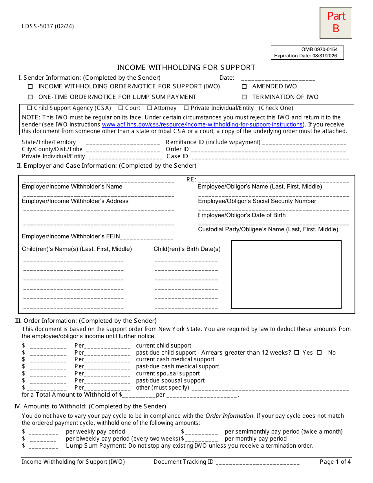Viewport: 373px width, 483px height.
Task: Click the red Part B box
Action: click(x=336, y=23)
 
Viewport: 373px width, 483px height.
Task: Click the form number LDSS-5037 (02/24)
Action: click(x=48, y=26)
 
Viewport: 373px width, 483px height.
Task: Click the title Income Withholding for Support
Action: click(x=186, y=68)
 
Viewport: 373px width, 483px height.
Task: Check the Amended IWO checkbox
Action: click(x=244, y=86)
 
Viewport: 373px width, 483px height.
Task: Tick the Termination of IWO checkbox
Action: click(x=244, y=97)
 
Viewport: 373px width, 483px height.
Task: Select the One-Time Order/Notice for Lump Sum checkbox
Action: click(x=30, y=97)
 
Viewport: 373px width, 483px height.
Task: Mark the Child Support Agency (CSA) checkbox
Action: click(x=29, y=108)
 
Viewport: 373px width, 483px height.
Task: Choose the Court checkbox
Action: click(x=121, y=108)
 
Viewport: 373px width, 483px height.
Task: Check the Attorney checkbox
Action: click(x=150, y=108)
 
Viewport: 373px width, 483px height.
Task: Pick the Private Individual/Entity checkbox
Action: click(x=186, y=108)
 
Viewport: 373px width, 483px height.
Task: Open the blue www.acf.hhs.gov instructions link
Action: click(x=202, y=124)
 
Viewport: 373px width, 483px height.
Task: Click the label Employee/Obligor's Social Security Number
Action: click(x=257, y=201)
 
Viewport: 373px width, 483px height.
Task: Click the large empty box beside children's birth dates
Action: click(x=286, y=274)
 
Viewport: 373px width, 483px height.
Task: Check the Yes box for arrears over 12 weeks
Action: click(x=297, y=353)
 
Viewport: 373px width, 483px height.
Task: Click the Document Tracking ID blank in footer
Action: click(x=258, y=463)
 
